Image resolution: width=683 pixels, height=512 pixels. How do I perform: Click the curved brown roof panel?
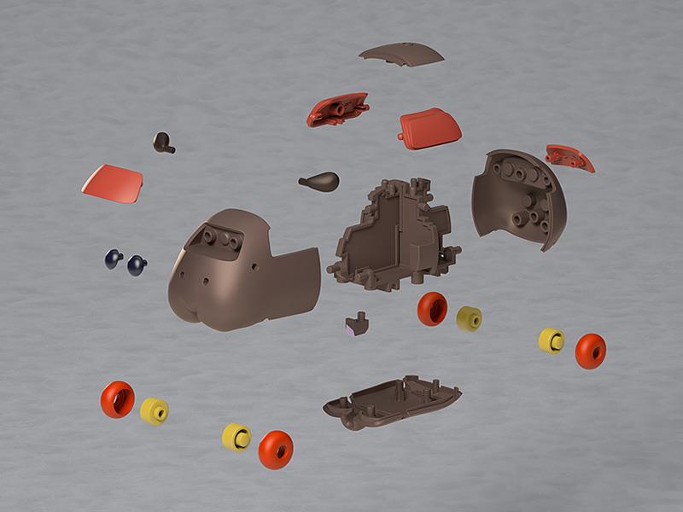tap(401, 54)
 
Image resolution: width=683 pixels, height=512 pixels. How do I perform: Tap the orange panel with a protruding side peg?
tap(429, 126)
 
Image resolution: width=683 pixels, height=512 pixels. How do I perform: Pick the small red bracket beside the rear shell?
tap(569, 156)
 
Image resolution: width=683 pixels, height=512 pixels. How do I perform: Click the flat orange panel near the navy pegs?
tap(113, 183)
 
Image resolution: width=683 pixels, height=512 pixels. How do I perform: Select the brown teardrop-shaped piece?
tap(320, 181)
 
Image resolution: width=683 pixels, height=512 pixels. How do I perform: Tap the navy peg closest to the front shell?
tap(137, 265)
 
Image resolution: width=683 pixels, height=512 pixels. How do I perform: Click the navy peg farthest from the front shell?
tap(114, 259)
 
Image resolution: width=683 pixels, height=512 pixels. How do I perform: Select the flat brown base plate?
tap(393, 400)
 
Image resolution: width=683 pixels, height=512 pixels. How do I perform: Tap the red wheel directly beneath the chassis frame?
tap(432, 308)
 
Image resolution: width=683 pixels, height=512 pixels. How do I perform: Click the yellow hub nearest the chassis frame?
tap(469, 317)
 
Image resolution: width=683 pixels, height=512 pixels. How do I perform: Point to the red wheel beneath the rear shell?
tap(590, 351)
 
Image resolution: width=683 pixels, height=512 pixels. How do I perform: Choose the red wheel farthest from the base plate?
tap(117, 399)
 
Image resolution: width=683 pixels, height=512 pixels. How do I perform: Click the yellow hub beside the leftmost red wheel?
tap(154, 410)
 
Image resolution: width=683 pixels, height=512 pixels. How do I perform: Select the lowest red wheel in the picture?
tap(275, 448)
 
